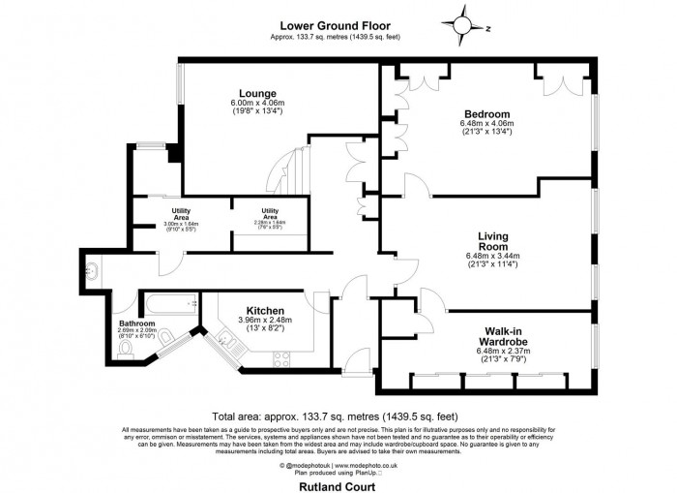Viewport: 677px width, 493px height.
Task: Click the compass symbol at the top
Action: [462, 25]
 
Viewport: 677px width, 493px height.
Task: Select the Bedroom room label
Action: [487, 113]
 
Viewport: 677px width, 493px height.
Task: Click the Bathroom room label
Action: [136, 324]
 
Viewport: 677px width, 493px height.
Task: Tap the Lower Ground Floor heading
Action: [335, 26]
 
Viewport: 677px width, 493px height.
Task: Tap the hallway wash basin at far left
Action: [92, 269]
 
